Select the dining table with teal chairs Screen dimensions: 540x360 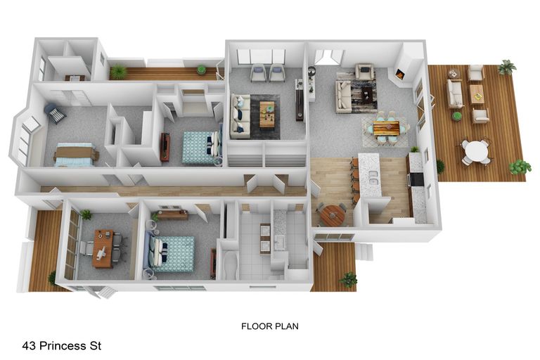click(386, 128)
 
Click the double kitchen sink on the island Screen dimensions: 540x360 click(372, 177)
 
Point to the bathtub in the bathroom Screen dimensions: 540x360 click(231, 265)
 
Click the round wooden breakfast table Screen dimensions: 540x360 click(332, 216)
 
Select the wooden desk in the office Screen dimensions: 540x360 click(103, 248)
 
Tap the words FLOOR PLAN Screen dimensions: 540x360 click(270, 326)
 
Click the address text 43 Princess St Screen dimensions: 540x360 click(62, 345)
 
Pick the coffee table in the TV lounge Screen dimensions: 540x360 click(267, 114)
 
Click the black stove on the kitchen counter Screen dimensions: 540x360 click(417, 179)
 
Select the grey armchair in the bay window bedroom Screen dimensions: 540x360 click(55, 113)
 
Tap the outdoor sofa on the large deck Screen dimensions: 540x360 click(455, 94)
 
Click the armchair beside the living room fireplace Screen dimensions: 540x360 click(365, 72)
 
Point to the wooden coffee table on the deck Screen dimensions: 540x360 click(477, 94)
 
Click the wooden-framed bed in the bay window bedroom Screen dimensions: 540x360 click(76, 155)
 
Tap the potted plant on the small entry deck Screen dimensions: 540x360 click(348, 278)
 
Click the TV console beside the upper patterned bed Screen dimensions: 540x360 click(165, 147)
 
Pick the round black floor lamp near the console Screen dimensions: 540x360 click(312, 71)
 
